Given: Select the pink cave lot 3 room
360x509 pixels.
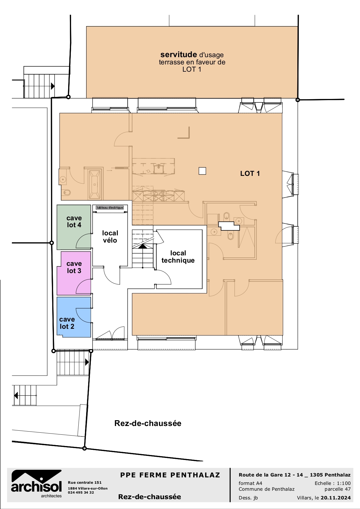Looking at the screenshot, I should tap(74, 279).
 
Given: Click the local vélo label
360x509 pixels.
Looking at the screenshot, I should tap(110, 237).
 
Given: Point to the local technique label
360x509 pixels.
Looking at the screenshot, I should tap(178, 257).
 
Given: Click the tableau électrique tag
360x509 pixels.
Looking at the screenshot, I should tap(110, 208).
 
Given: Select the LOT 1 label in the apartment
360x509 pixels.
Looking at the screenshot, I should tap(250, 174).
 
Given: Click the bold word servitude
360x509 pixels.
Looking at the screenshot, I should tap(178, 55).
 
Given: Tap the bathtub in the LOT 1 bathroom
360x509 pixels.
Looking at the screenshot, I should tap(95, 184).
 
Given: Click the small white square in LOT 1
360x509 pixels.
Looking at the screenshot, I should tap(202, 171).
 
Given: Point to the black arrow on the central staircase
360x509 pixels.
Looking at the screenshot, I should tap(142, 246).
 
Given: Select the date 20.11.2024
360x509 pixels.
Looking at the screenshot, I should tap(336, 498).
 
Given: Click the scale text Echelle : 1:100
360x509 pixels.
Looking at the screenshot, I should tap(332, 483).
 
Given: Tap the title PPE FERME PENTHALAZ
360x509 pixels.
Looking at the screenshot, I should tap(170, 475).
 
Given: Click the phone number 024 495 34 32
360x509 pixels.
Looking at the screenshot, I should tap(81, 492).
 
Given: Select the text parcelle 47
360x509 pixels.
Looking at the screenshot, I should tap(337, 489).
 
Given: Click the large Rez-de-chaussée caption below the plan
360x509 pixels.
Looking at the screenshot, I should tap(148, 423).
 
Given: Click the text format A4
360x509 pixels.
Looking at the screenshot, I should tap(250, 483).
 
